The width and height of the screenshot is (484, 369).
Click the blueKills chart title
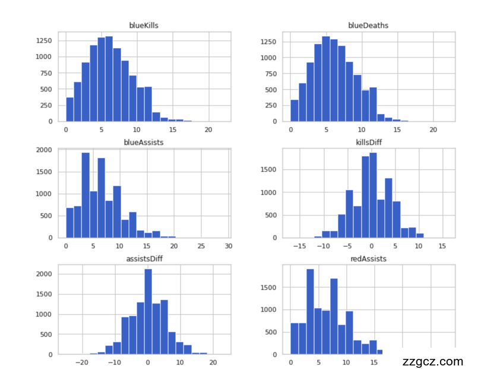[x=144, y=26]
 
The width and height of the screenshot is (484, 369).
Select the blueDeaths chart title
[x=368, y=26]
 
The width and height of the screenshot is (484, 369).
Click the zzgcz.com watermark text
[x=432, y=361]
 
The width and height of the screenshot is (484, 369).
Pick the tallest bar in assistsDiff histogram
[x=148, y=311]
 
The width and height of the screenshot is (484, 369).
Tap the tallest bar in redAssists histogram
[x=310, y=311]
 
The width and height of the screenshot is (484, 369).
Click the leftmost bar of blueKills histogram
[x=69, y=109]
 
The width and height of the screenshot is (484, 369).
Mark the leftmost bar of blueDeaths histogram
[x=295, y=111]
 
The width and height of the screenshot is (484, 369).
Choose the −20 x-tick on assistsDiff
[x=83, y=362]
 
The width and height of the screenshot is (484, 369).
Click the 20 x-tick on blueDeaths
[x=434, y=129]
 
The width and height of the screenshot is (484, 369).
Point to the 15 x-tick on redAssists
[x=374, y=362]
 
